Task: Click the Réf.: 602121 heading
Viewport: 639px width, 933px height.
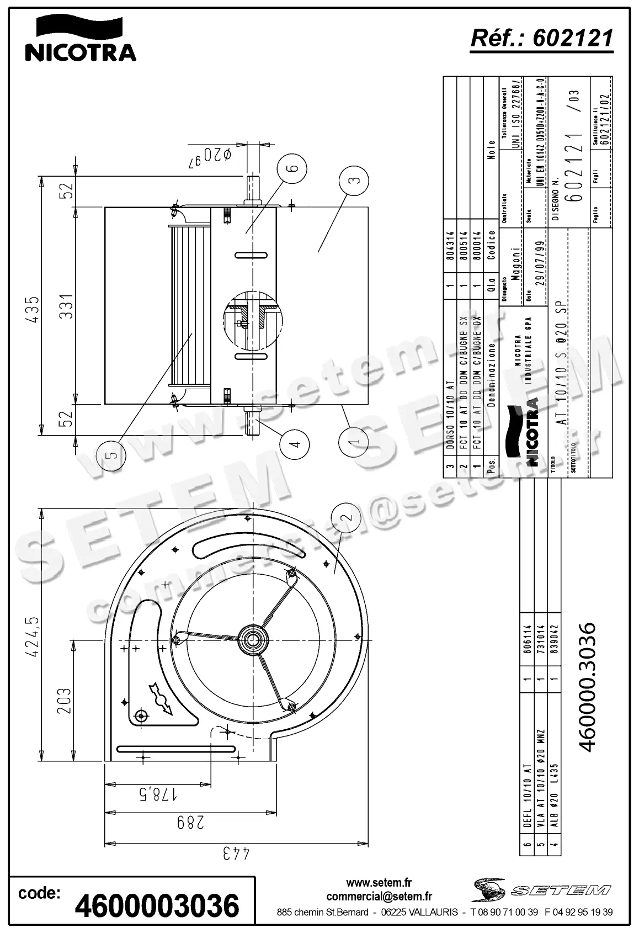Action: (541, 38)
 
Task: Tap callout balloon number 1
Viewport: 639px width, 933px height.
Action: (355, 439)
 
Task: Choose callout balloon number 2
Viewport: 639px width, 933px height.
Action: (345, 518)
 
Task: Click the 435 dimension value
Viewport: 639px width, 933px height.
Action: (33, 310)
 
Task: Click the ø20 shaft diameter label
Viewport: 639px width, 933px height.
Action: (210, 155)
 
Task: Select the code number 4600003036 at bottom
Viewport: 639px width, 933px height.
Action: (157, 905)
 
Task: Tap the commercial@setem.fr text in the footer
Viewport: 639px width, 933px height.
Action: (379, 897)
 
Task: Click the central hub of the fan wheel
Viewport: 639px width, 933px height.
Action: (254, 640)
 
